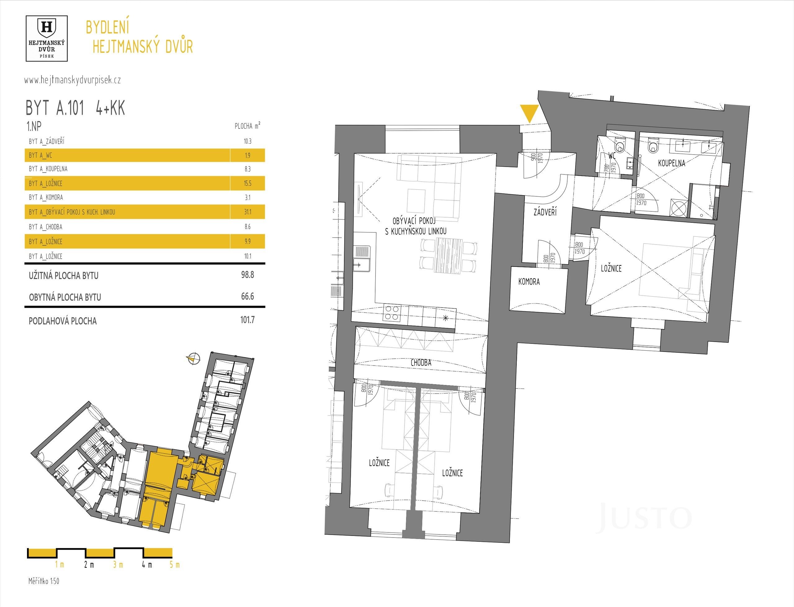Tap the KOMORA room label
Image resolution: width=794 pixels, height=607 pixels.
tap(529, 281)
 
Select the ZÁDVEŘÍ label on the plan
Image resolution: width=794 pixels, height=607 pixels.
tap(545, 212)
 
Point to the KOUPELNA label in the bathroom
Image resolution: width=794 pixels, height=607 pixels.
tap(671, 163)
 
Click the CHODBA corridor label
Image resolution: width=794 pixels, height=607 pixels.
tap(421, 362)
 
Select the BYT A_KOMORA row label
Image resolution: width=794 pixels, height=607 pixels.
tap(46, 197)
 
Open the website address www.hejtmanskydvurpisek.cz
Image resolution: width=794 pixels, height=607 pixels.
tap(73, 80)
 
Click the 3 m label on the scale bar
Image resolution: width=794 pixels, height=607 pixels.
tap(118, 565)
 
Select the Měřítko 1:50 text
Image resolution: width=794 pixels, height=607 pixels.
tap(44, 581)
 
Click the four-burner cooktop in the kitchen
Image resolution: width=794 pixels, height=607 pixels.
tap(392, 313)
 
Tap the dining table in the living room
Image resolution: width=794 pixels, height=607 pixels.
tap(448, 255)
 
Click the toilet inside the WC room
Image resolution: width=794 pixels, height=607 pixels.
tap(620, 145)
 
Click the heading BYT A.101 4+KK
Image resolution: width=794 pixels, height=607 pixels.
tap(75, 108)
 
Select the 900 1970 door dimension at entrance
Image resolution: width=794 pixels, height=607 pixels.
tap(537, 158)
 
